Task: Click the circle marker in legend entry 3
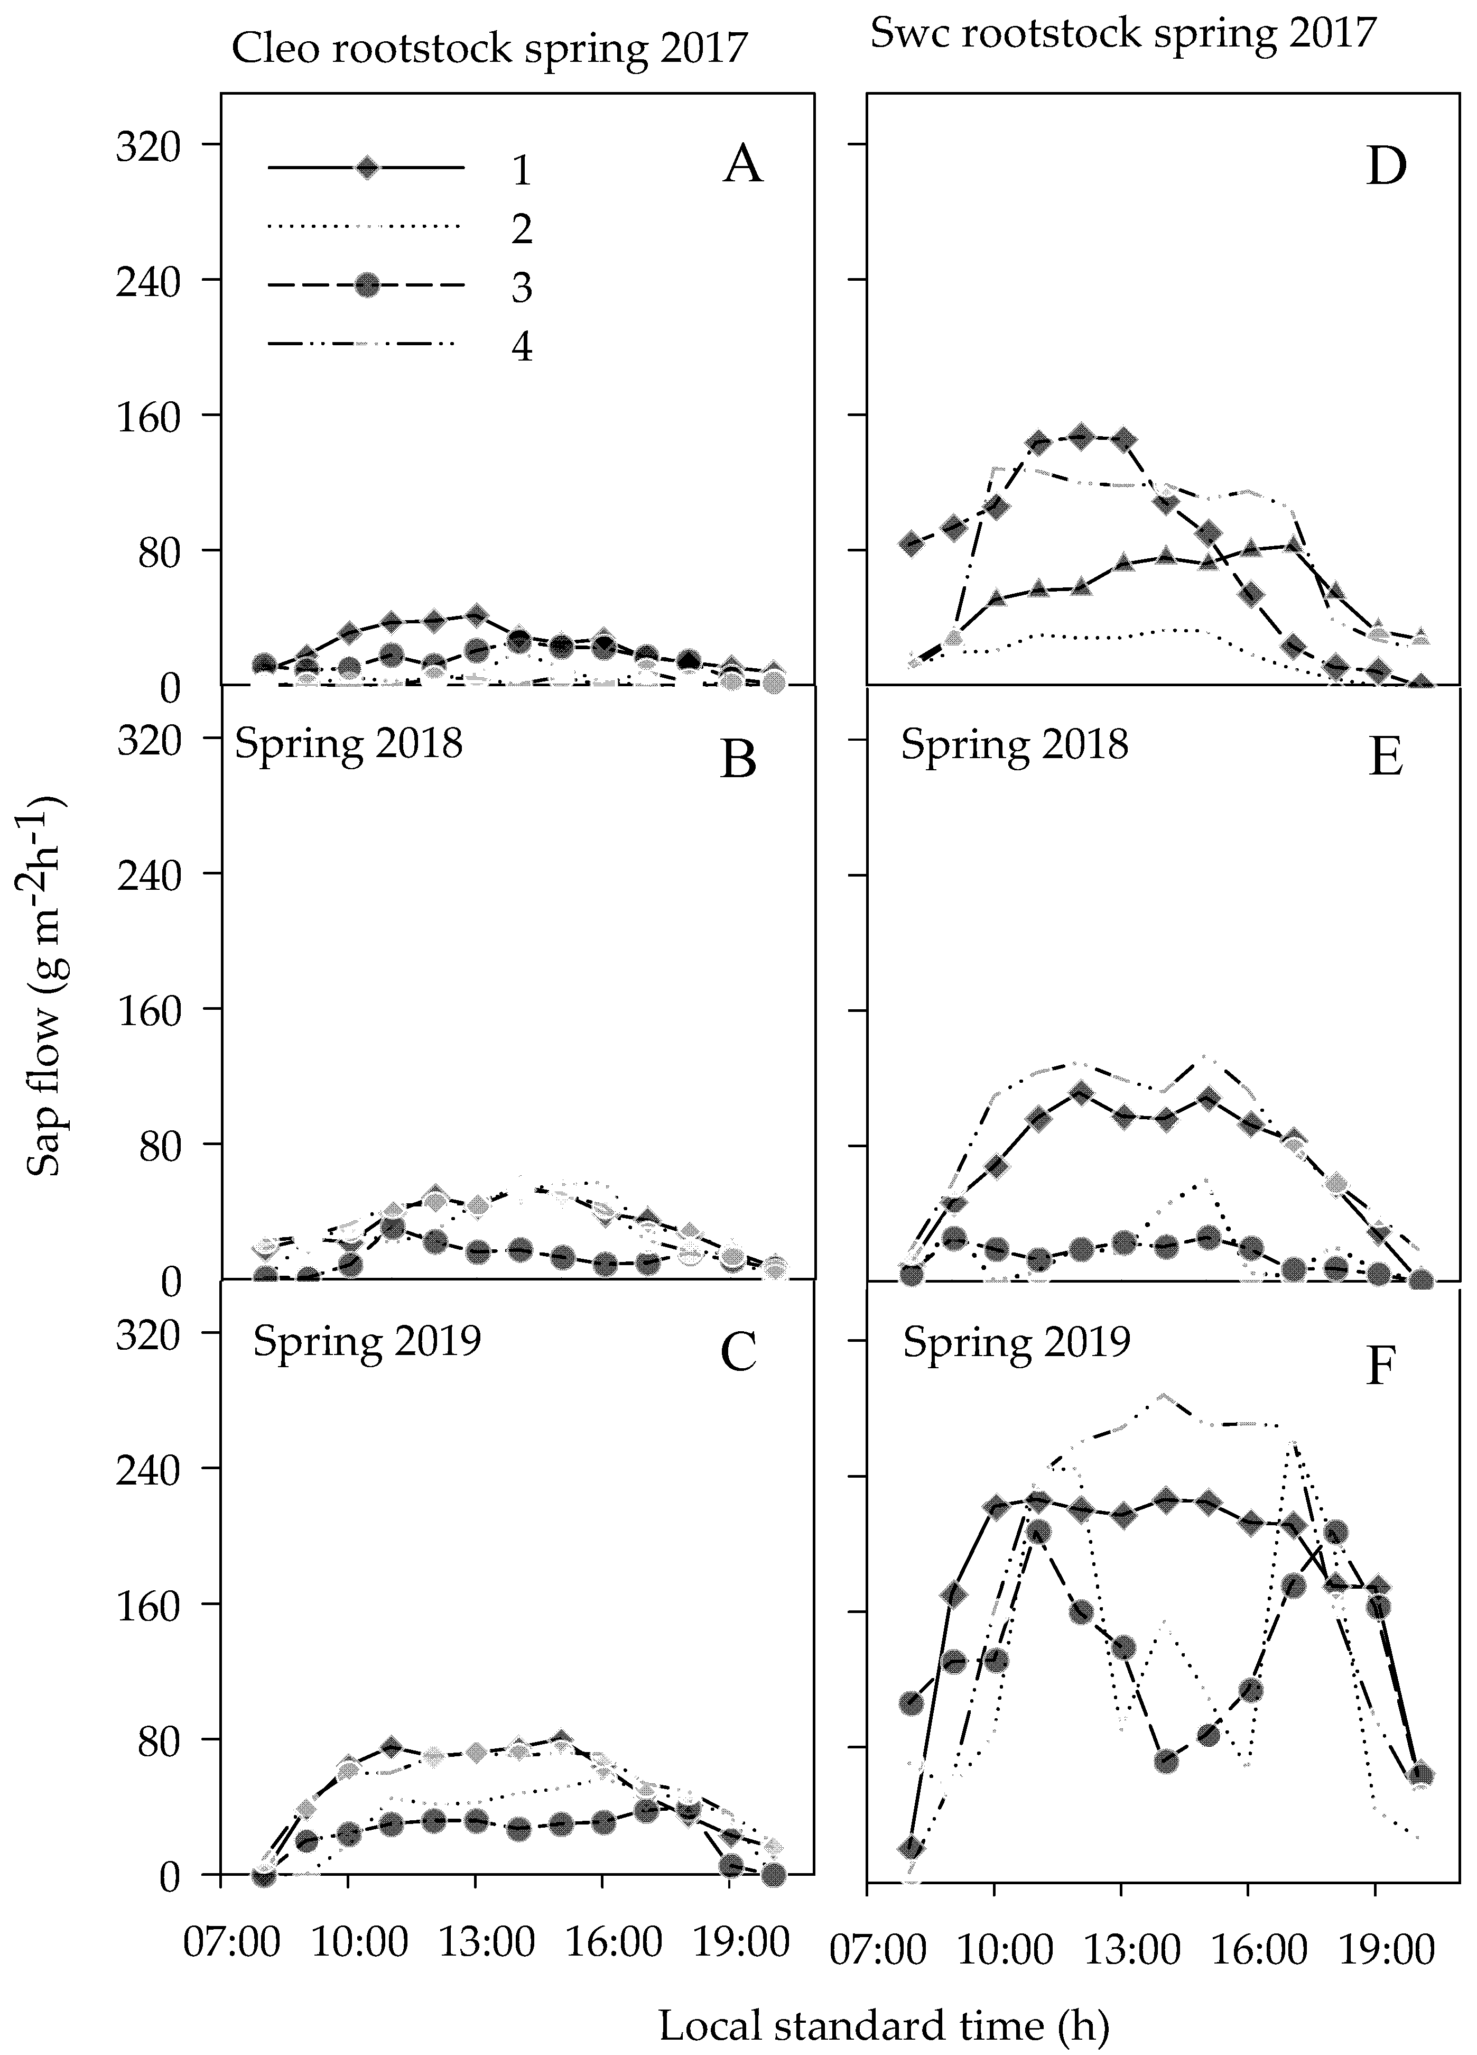[x=367, y=287]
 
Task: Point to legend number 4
[x=521, y=346]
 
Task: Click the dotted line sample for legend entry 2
[x=367, y=226]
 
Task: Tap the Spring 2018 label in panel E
[x=1014, y=745]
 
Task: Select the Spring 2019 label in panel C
[x=367, y=1339]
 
